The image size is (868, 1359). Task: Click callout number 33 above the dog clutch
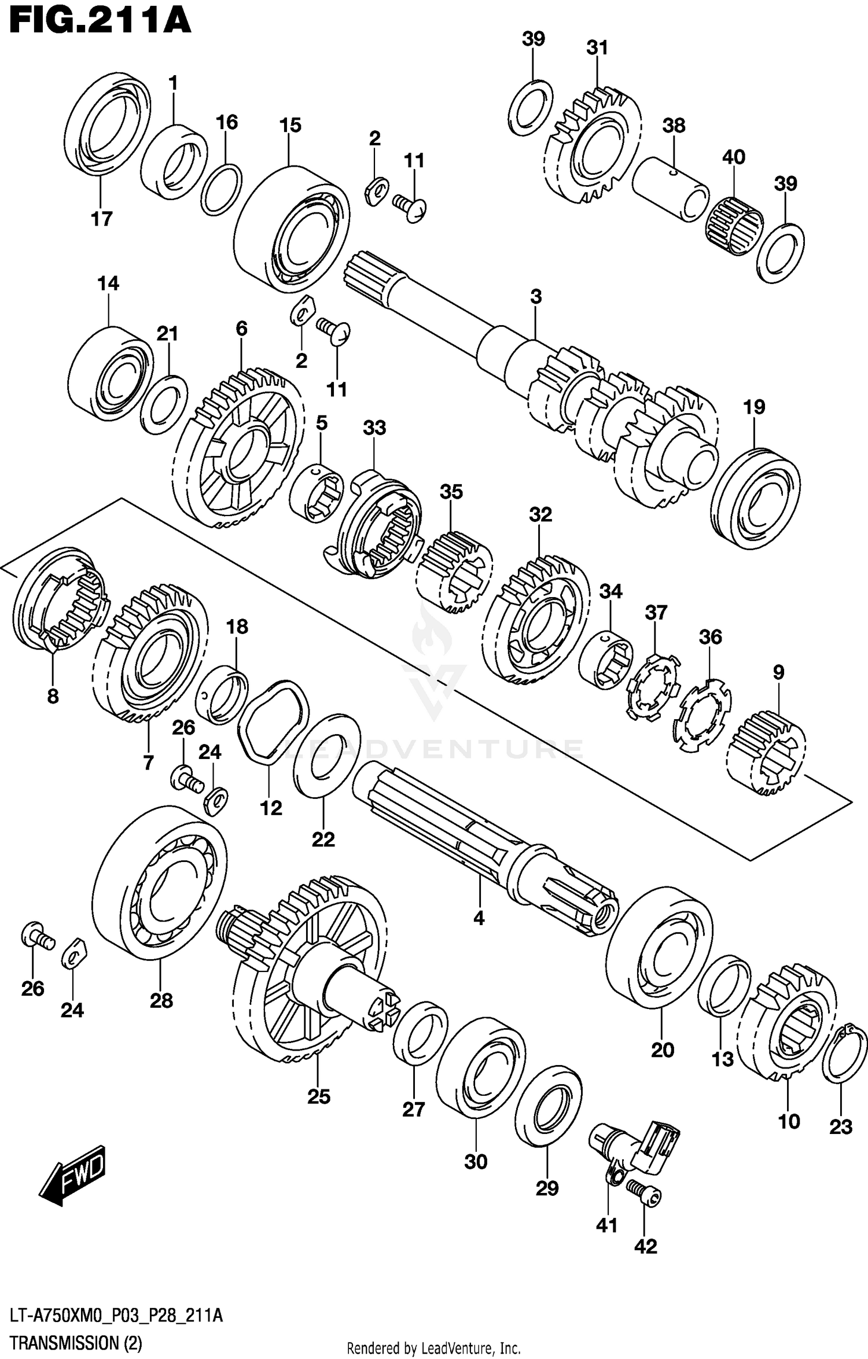pyautogui.click(x=374, y=428)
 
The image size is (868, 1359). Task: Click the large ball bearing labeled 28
pyautogui.click(x=160, y=890)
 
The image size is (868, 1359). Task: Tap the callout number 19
pyautogui.click(x=754, y=407)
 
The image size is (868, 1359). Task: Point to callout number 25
pyautogui.click(x=318, y=1097)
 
